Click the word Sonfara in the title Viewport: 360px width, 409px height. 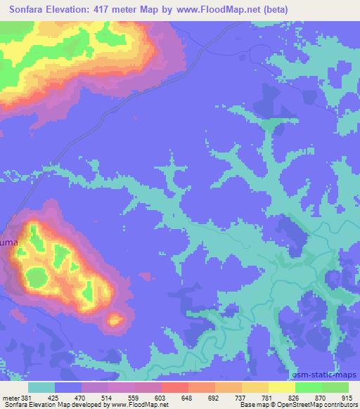[x=28, y=10]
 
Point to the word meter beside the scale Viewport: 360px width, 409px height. [x=9, y=398]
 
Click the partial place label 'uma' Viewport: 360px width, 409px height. [x=9, y=242]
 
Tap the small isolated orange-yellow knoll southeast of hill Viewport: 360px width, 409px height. [x=114, y=320]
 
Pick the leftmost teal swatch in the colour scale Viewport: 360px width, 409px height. [x=41, y=387]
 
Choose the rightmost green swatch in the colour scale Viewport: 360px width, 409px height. [x=335, y=387]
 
